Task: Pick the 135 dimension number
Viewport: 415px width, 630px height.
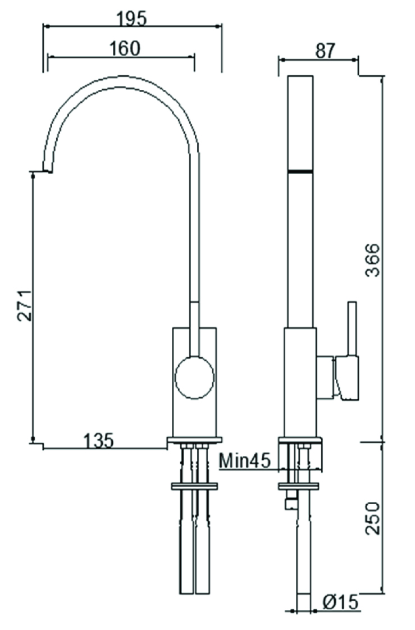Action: [99, 440]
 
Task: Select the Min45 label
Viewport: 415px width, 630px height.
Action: [244, 461]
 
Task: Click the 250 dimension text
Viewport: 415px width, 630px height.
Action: [372, 517]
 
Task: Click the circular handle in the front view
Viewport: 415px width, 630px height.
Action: [194, 377]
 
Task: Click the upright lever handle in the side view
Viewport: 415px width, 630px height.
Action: [352, 328]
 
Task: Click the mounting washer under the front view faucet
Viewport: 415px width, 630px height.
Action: [194, 486]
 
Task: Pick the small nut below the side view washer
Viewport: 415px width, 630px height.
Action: [291, 504]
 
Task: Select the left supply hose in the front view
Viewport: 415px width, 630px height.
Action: [186, 550]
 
